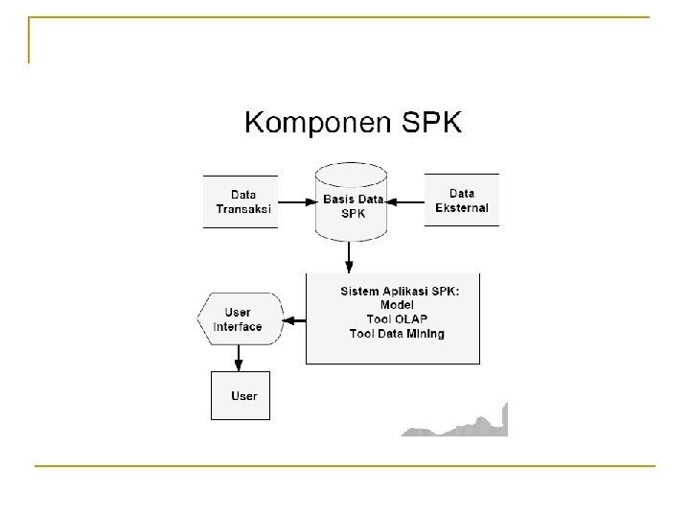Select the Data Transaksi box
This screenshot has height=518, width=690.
[x=241, y=201]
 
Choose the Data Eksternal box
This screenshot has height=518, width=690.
[x=462, y=200]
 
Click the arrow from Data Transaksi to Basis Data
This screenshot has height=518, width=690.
[x=296, y=202]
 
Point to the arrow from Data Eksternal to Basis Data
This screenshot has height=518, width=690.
[x=406, y=202]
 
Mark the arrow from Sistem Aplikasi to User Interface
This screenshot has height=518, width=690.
[x=294, y=319]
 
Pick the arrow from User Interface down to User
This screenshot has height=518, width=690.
[x=238, y=358]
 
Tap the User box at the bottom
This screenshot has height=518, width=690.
[x=241, y=395]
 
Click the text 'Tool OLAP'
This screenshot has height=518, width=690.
[x=397, y=319]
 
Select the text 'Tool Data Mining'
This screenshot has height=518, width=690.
[x=397, y=334]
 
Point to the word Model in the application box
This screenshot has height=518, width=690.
[x=397, y=305]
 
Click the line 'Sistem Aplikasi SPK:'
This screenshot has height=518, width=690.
[x=399, y=292]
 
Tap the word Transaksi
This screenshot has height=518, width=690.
[x=243, y=208]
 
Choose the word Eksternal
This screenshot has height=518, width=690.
[x=462, y=207]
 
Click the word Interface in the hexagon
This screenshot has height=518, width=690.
[x=238, y=326]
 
